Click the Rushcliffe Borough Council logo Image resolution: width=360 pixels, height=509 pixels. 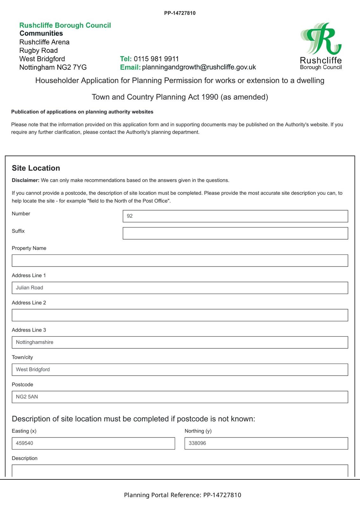coord(321,46)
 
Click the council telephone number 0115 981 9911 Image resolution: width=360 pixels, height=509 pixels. coord(156,59)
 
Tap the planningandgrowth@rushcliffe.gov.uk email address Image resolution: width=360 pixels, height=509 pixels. coord(199,67)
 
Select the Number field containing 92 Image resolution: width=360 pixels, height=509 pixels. coord(235,216)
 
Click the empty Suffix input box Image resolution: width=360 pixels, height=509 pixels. coord(235,233)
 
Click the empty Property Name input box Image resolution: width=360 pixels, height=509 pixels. coord(180,261)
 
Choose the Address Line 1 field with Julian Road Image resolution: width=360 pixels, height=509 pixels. coord(180,288)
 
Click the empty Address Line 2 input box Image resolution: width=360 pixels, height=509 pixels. coord(180,315)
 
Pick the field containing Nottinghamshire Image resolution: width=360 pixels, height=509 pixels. coord(180,342)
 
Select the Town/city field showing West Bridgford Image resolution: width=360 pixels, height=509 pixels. coord(180,370)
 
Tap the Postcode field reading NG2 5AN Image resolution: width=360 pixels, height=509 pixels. coord(180,397)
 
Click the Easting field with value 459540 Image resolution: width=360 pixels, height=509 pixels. coord(93,443)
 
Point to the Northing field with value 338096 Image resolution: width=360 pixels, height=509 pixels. coord(266,443)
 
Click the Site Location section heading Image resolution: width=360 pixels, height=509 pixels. coord(36,168)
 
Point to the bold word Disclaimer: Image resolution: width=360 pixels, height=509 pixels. coord(25,180)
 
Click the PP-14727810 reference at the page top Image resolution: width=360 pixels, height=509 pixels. coord(180,13)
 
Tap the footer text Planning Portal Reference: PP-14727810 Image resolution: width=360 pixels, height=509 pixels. coord(182,495)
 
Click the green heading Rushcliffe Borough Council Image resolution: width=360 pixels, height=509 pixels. coord(65,25)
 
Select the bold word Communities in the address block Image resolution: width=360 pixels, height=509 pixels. coord(41,33)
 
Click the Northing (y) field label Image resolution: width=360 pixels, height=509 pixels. coord(198,431)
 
